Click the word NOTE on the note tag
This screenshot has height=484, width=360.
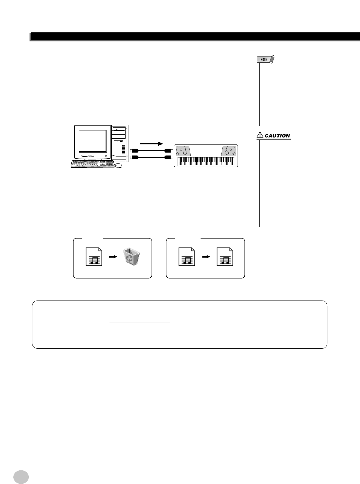(264, 60)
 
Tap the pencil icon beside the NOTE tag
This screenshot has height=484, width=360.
(272, 59)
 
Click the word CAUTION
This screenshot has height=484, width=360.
(277, 136)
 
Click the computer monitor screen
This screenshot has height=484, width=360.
(93, 141)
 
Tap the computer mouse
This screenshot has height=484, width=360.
(119, 165)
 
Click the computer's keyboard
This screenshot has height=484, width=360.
(93, 164)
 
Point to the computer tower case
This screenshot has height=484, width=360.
(120, 142)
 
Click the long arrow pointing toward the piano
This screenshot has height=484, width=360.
(151, 143)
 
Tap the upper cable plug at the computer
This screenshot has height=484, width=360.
(134, 150)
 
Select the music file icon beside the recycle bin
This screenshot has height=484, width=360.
(94, 257)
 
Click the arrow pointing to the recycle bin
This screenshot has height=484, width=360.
(113, 256)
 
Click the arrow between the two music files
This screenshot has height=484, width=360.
(206, 256)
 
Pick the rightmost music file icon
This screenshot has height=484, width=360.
(225, 257)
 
